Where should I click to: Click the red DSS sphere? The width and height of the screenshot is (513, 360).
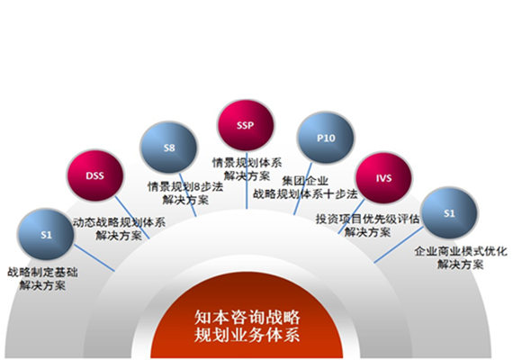(94, 175)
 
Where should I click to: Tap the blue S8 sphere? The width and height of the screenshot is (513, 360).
(169, 148)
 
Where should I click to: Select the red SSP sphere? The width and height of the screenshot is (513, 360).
(246, 125)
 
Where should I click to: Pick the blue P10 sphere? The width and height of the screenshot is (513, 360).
(326, 138)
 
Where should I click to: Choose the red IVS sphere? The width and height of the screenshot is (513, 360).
(383, 178)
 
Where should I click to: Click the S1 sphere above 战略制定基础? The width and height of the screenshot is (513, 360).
(46, 234)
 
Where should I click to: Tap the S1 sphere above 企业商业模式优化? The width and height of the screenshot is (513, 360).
(449, 213)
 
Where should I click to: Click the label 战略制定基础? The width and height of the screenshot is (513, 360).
(42, 273)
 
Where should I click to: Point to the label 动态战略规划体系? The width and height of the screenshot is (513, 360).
(119, 222)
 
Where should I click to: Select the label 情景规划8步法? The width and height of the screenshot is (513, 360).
(185, 187)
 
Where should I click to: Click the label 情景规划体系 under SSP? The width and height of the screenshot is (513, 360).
(247, 163)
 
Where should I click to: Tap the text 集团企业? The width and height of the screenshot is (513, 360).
(305, 181)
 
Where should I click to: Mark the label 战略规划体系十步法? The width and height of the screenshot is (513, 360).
(305, 194)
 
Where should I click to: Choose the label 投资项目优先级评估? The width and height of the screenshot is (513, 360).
(367, 219)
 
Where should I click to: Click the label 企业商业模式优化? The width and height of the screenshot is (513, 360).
(461, 251)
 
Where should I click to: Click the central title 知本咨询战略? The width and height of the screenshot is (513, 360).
(247, 317)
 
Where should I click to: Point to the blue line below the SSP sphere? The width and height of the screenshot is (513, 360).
(247, 180)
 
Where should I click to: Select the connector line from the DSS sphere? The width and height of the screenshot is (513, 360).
(132, 217)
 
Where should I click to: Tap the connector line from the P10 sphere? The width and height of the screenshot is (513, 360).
(302, 189)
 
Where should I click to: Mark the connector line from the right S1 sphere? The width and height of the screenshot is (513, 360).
(399, 245)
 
